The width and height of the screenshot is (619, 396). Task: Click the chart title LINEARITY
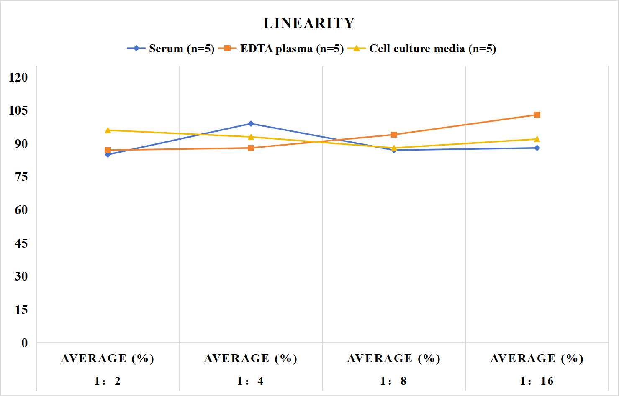[x=309, y=23]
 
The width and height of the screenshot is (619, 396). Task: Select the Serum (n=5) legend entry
[x=171, y=49]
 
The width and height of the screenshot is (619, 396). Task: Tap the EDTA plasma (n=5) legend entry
[x=281, y=49]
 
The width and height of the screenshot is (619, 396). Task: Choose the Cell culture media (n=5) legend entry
[x=422, y=49]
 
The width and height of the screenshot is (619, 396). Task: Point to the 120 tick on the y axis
[x=18, y=77]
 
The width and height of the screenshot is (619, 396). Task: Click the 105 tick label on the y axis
[x=18, y=110]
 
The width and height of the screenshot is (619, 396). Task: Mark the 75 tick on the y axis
[x=21, y=177]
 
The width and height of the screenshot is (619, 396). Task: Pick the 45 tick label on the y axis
[x=21, y=243]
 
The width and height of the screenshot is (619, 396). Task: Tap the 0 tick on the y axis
[x=25, y=343]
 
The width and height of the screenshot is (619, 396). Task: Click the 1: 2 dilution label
[x=108, y=381]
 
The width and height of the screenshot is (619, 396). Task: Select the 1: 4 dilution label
[x=250, y=381]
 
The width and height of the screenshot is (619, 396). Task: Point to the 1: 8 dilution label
[x=393, y=381]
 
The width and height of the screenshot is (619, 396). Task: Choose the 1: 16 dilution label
[x=537, y=381]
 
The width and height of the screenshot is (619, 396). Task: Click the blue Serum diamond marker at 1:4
[x=251, y=123]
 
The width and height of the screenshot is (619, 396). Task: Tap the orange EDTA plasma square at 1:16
[x=537, y=115]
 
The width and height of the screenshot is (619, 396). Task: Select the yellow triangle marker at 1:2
[x=108, y=130]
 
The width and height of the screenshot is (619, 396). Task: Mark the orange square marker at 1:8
[x=394, y=135]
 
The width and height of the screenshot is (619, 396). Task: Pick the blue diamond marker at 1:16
[x=537, y=148]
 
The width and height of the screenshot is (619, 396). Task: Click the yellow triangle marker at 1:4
[x=251, y=137]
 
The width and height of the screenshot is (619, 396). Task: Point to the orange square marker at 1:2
[x=108, y=150]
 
